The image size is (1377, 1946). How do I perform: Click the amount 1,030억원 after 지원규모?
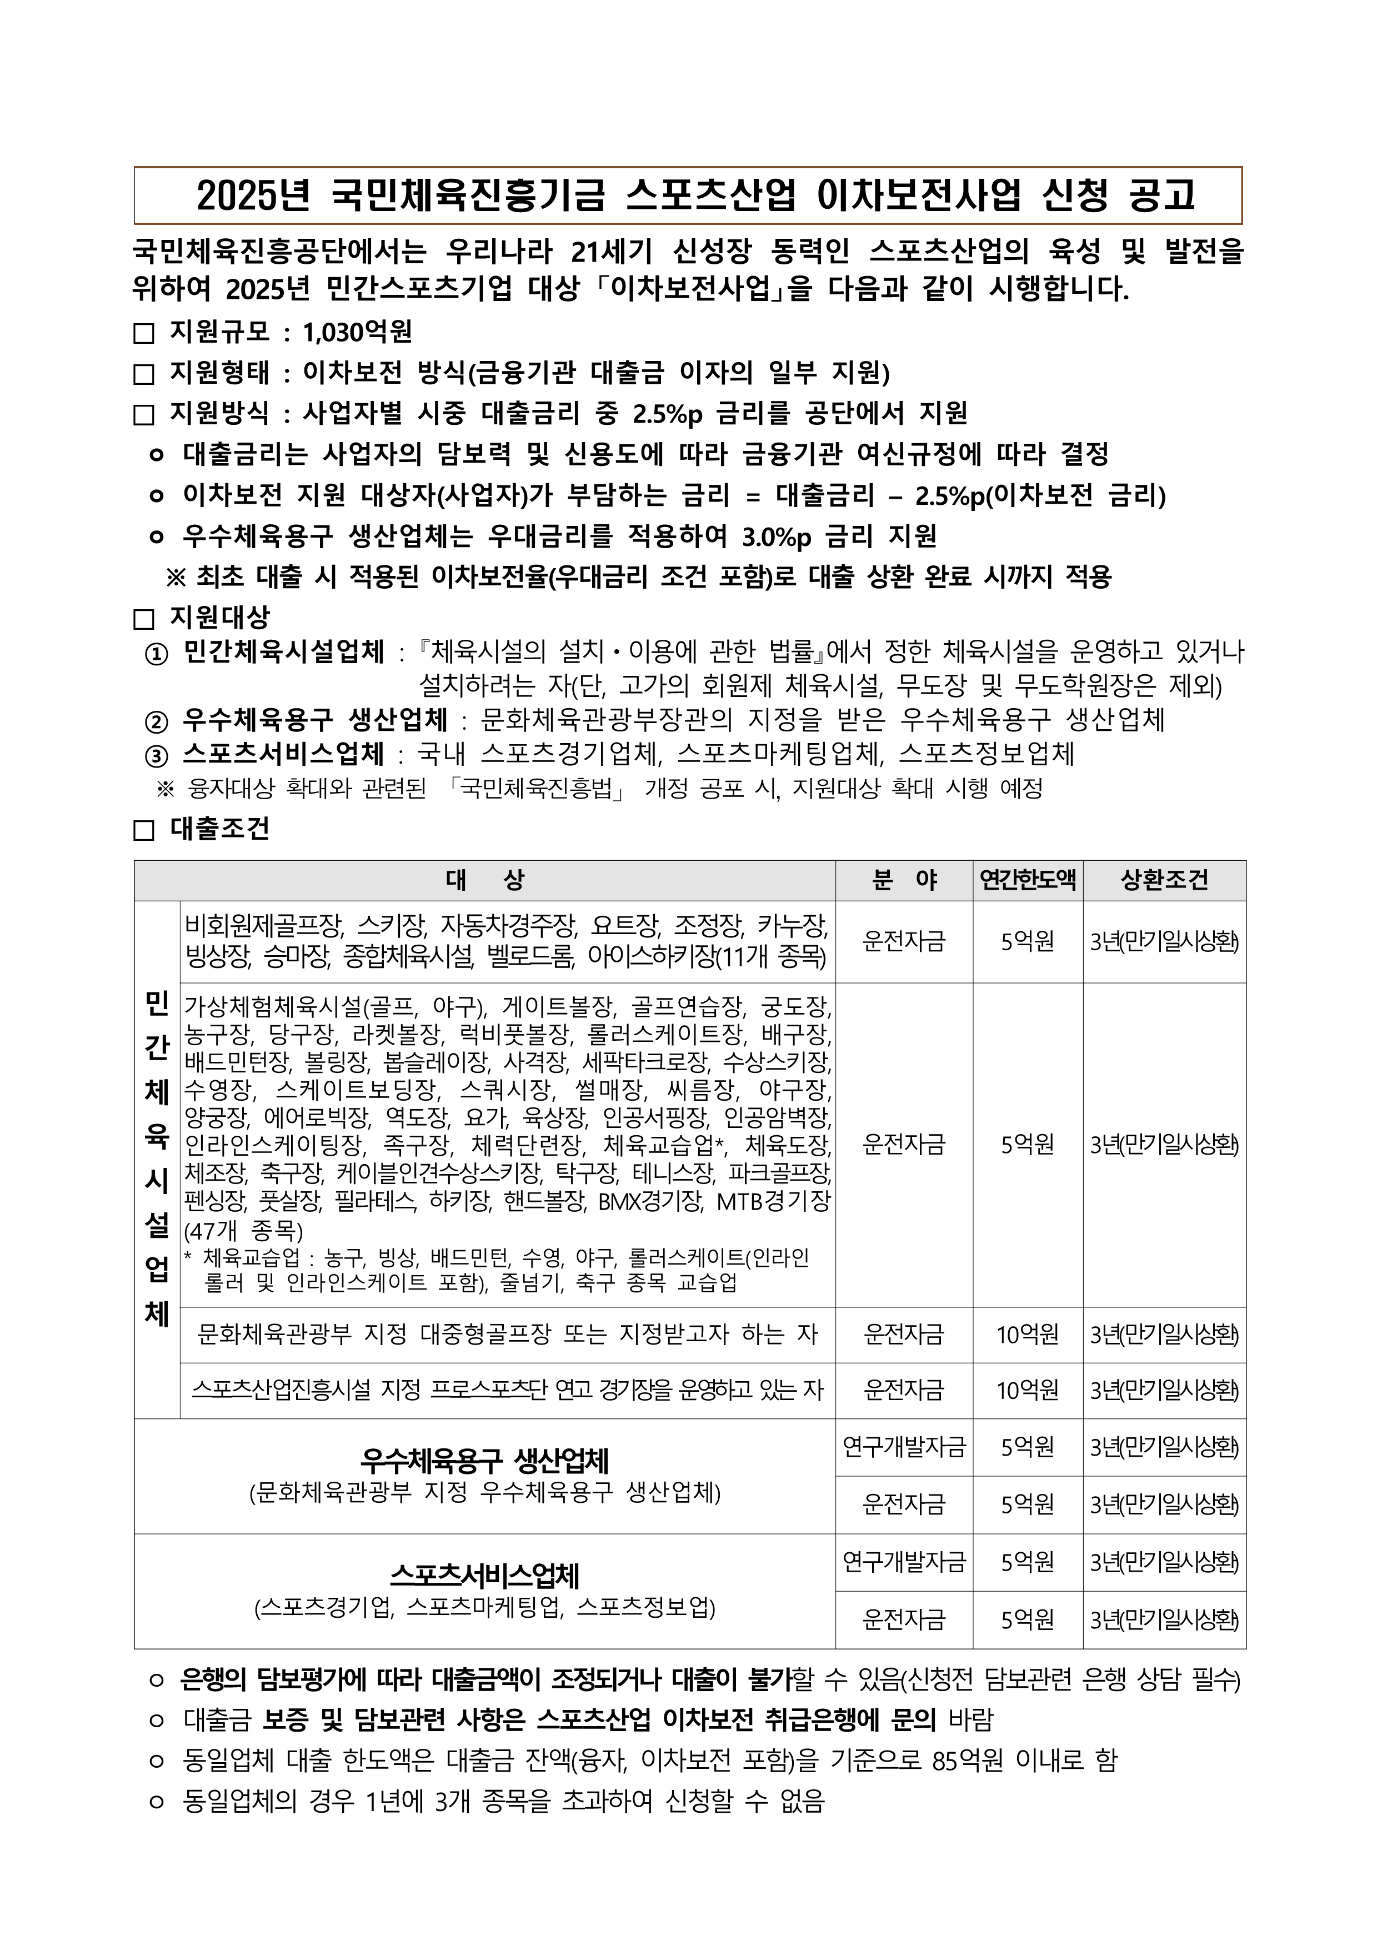357,332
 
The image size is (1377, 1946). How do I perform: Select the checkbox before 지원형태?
144,374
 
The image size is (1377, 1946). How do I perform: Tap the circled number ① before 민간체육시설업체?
157,655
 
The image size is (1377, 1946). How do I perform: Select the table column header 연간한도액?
1027,880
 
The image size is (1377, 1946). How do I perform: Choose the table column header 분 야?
904,880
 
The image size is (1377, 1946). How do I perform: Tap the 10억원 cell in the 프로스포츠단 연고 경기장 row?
1027,1390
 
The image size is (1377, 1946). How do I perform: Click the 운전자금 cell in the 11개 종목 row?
904,941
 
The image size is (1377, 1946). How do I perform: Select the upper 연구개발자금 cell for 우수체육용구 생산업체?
904,1447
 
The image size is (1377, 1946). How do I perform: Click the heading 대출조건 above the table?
219,828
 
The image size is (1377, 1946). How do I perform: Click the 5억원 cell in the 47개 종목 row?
1027,1145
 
